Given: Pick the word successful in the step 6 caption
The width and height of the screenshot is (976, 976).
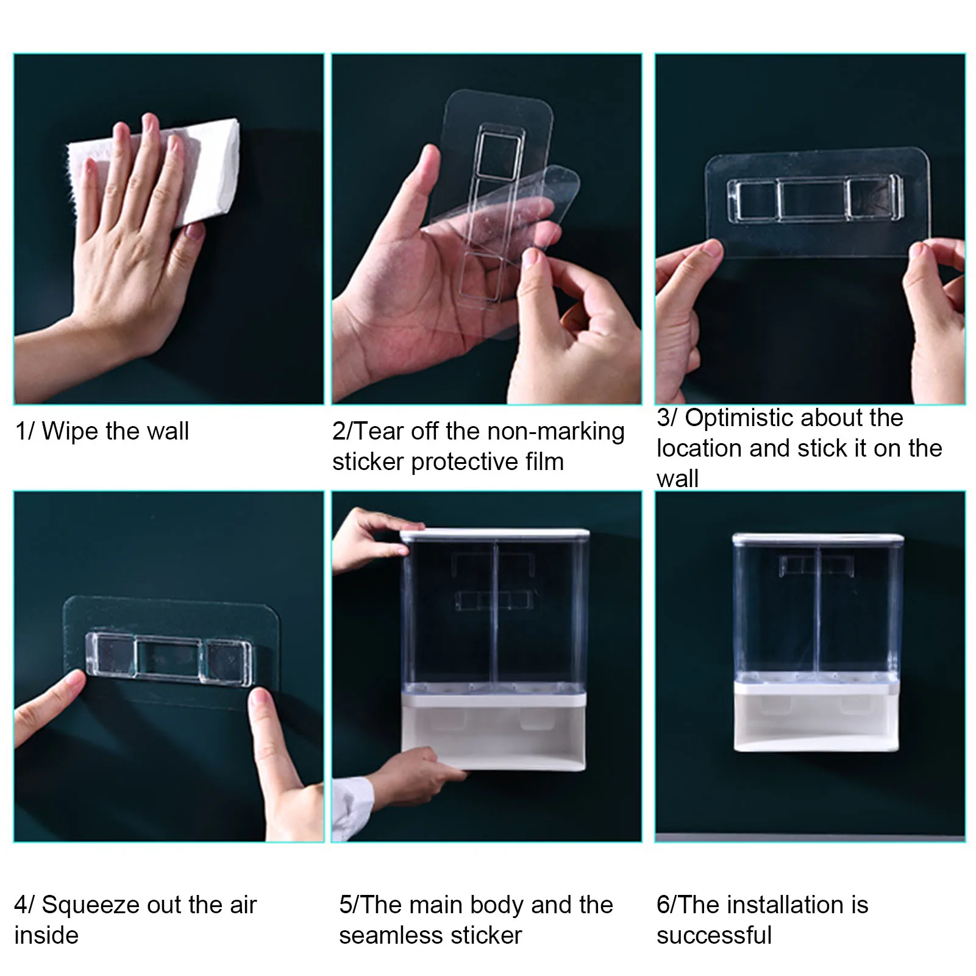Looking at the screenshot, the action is [714, 935].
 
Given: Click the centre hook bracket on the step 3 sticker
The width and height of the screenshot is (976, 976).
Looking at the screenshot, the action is [811, 198].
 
